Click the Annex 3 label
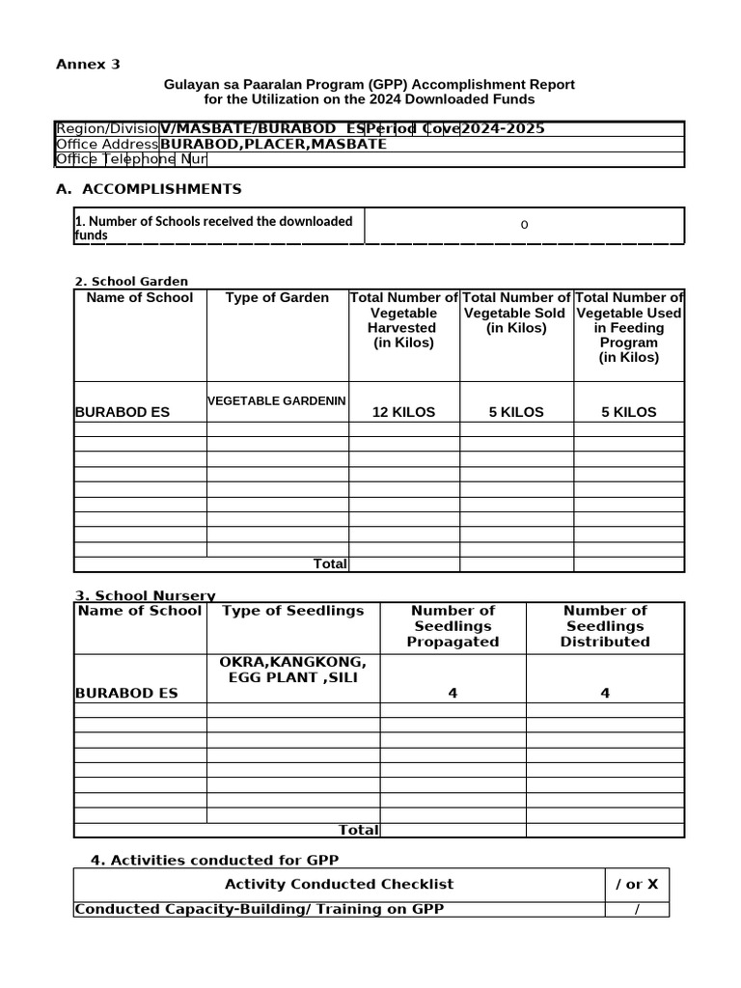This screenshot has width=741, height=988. point(88,65)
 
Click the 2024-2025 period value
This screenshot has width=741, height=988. point(503,129)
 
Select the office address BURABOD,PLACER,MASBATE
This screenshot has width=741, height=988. point(273,144)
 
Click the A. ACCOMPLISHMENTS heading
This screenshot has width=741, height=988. point(149,189)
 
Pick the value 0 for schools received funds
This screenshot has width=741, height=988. point(524,225)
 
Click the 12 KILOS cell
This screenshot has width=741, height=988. point(403,412)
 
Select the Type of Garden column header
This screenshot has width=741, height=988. point(277,298)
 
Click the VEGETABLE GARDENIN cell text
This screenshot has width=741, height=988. point(277,400)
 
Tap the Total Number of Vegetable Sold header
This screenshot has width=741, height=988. point(516,313)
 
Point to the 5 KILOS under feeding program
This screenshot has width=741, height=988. point(629,412)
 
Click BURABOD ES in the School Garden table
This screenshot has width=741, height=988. point(122,412)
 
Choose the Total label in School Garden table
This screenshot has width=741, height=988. point(330,563)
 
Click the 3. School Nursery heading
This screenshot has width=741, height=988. point(145,595)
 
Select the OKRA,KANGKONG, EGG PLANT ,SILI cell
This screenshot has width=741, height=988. point(293,670)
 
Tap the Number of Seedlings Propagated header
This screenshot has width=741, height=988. point(453,625)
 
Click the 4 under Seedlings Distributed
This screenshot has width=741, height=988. point(605,693)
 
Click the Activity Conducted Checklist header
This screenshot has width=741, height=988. point(339,884)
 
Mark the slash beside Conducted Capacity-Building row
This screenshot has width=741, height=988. point(637,909)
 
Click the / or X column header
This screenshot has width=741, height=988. point(637,884)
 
